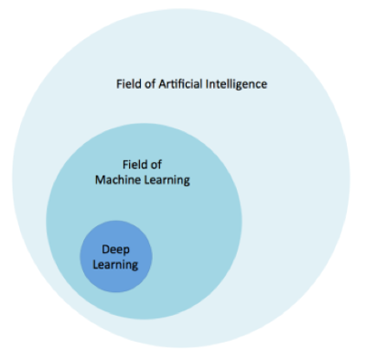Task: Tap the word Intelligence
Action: [236, 84]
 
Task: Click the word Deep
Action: [116, 249]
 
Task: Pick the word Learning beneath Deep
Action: [116, 265]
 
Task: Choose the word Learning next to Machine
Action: [167, 180]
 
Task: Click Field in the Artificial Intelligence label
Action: [129, 84]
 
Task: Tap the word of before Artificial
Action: [151, 84]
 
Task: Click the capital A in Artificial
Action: [162, 84]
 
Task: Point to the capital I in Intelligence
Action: [207, 84]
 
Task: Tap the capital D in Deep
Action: [105, 249]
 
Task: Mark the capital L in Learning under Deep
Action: [96, 265]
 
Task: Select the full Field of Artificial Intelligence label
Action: [191, 84]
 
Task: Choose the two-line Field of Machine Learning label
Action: [143, 172]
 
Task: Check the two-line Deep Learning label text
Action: [116, 257]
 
